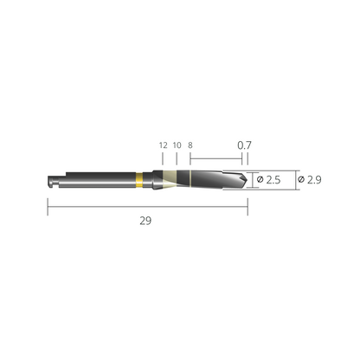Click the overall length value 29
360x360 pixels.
point(145,221)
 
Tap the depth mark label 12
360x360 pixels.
point(164,145)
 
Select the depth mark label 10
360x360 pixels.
point(177,145)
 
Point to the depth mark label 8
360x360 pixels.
point(190,145)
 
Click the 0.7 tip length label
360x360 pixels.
point(244,145)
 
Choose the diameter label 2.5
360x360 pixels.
point(273,180)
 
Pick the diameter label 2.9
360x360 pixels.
point(314,180)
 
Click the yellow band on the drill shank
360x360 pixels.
point(139,179)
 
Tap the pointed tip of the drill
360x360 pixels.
point(247,179)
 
